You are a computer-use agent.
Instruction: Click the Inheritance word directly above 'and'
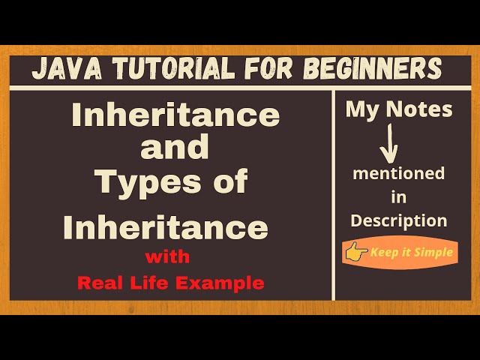(175, 115)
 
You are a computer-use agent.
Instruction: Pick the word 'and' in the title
(175, 148)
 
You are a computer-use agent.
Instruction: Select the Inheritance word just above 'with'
(165, 226)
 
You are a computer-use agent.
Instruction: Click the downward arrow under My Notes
(389, 144)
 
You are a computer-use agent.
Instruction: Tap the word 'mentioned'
(398, 174)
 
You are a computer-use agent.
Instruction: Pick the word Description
(399, 220)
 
